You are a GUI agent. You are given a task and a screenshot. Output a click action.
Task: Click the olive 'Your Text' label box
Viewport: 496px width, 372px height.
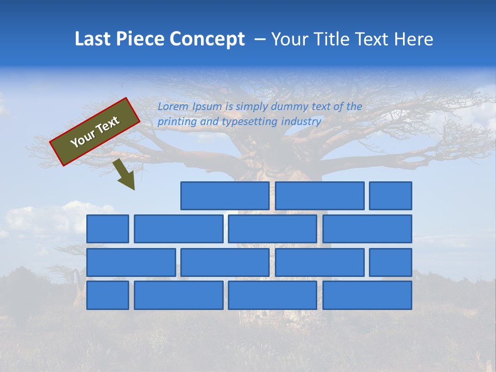pyautogui.click(x=95, y=132)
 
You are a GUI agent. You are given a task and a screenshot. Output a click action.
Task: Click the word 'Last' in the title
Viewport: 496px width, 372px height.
pyautogui.click(x=91, y=39)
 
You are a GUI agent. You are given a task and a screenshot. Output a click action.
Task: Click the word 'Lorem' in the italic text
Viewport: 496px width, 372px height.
pyautogui.click(x=173, y=107)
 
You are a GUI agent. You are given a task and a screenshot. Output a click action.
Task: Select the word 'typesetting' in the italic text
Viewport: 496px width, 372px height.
pyautogui.click(x=250, y=122)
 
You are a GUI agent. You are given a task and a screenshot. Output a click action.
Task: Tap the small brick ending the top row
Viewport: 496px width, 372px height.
pyautogui.click(x=391, y=196)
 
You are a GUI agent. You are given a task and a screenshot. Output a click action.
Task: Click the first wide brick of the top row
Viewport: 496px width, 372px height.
pyautogui.click(x=225, y=196)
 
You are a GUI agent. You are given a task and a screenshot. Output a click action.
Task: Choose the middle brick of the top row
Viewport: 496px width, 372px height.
pyautogui.click(x=319, y=196)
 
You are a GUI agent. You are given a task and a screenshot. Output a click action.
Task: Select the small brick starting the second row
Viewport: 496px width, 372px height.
pyautogui.click(x=107, y=229)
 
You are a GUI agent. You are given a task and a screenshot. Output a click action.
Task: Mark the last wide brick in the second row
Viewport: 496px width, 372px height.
pyautogui.click(x=367, y=229)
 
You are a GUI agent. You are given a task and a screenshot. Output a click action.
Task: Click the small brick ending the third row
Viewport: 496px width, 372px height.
pyautogui.click(x=391, y=262)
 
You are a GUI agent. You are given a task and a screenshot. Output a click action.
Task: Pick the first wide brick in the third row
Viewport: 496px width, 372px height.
pyautogui.click(x=131, y=262)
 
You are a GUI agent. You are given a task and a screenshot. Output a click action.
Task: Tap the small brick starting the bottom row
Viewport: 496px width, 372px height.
pyautogui.click(x=107, y=296)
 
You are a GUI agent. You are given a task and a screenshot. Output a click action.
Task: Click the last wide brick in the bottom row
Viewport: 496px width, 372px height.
pyautogui.click(x=367, y=296)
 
